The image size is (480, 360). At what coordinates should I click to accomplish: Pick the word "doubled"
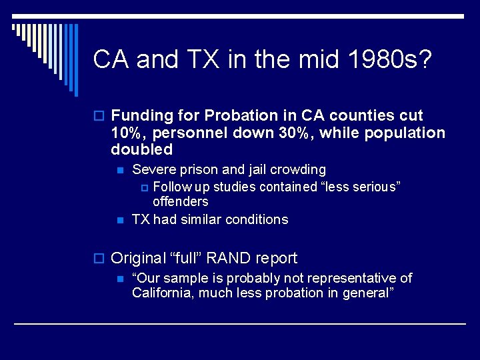(141, 149)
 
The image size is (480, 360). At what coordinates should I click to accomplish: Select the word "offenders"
(181, 201)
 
